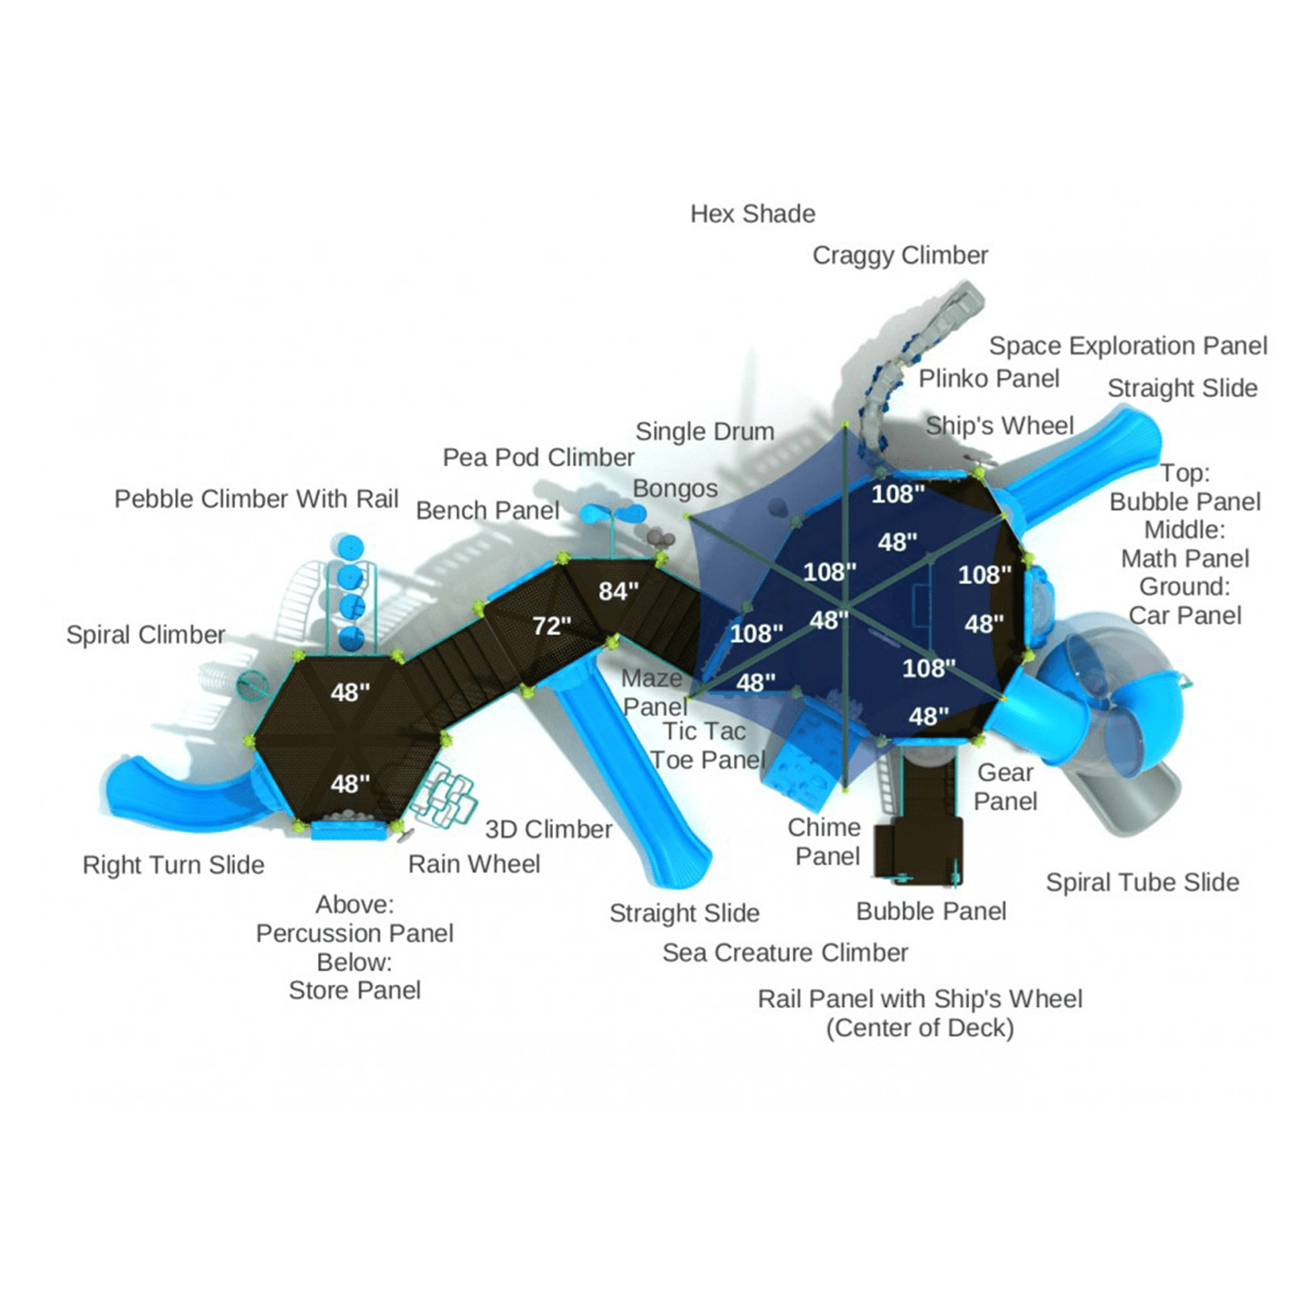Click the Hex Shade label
click(x=752, y=214)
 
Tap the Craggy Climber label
click(x=900, y=256)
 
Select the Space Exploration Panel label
click(x=1128, y=347)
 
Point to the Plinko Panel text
click(x=989, y=378)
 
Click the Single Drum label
click(x=705, y=431)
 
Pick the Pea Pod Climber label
click(x=538, y=458)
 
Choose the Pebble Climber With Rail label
click(x=256, y=499)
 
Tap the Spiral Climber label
click(x=145, y=635)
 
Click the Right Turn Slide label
click(x=173, y=866)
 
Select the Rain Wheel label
click(x=474, y=864)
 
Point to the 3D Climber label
click(x=549, y=830)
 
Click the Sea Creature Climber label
click(x=785, y=953)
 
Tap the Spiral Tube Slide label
click(x=1142, y=883)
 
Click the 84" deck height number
click(x=619, y=592)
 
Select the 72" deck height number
click(x=551, y=627)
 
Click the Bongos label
click(x=675, y=489)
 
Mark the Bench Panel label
click(x=488, y=511)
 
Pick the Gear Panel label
click(x=1005, y=787)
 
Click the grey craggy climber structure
click(x=919, y=363)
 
